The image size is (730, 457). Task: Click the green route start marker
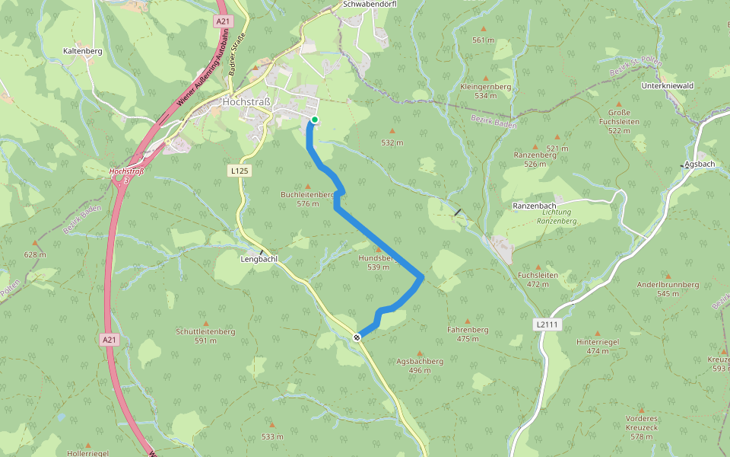tap(314, 120)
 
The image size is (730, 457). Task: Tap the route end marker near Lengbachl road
tap(357, 337)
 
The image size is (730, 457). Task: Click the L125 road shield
tap(240, 171)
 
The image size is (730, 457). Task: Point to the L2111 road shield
tap(547, 324)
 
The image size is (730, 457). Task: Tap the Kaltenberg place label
tap(82, 51)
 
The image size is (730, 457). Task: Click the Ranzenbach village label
tap(535, 206)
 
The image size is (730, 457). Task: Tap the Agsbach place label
tap(700, 164)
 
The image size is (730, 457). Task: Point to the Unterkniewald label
tap(668, 86)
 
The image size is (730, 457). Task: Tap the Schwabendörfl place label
tap(370, 4)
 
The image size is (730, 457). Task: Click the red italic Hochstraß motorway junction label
tap(126, 171)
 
